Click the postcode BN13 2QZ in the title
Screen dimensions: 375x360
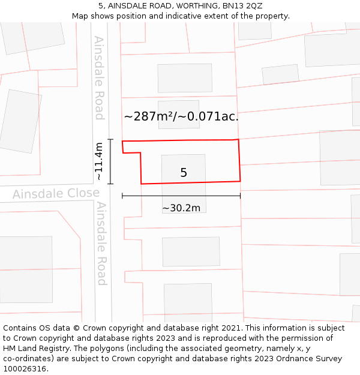241,6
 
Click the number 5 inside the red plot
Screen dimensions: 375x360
184,173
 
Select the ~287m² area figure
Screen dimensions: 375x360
148,116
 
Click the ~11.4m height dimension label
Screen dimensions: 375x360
99,161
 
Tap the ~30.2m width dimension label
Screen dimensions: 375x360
181,208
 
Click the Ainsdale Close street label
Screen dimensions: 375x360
56,194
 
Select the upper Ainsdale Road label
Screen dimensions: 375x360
99,78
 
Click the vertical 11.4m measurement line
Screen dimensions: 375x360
110,161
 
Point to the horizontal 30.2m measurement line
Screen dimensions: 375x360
181,196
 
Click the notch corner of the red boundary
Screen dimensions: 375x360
140,153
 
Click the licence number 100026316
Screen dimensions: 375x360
25,368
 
